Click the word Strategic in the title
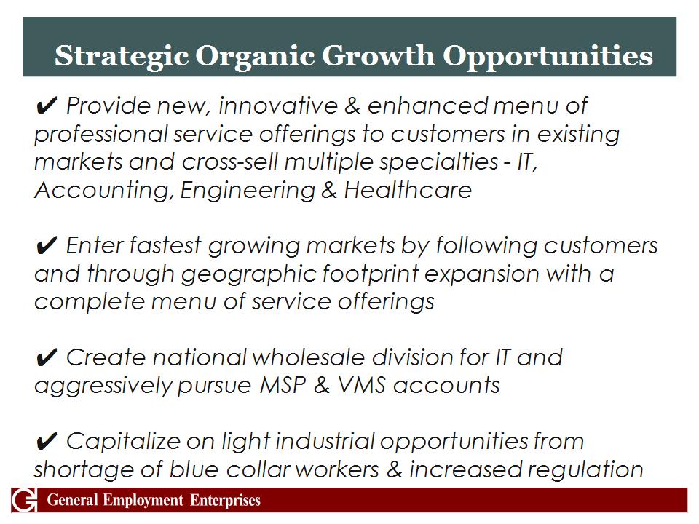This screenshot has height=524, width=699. tap(122, 57)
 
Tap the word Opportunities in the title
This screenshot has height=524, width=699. tap(548, 57)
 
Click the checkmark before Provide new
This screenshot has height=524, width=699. tap(46, 106)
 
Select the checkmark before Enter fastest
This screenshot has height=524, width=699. tap(46, 245)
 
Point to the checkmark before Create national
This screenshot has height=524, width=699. tap(46, 357)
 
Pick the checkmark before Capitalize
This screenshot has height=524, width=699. tap(46, 441)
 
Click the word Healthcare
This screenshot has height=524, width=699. tap(408, 190)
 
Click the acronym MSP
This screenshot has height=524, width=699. tap(283, 385)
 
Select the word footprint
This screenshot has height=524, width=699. tap(371, 274)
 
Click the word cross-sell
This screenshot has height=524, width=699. tap(229, 162)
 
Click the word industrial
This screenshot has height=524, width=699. tap(325, 441)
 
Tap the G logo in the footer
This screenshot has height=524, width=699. tap(25, 500)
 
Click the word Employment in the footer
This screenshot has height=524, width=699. tap(143, 501)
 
